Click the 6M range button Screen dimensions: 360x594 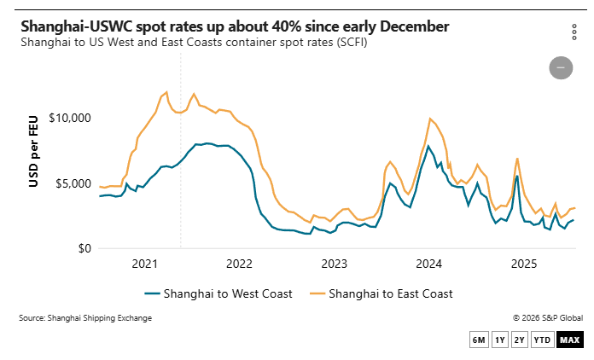[479, 340]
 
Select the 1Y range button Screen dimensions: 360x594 [500, 340]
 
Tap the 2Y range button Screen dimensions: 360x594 [520, 340]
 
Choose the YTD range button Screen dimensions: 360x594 [541, 340]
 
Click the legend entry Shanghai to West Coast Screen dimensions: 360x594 [218, 293]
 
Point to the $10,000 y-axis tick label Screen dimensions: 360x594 [69, 118]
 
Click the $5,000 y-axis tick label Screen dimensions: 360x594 [73, 183]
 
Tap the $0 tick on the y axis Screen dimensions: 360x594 [82, 249]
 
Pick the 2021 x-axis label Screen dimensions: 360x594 [144, 264]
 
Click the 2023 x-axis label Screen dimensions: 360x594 [335, 264]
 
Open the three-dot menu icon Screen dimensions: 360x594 [574, 32]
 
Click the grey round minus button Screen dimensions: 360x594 [561, 67]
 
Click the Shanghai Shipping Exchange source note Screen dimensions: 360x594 [85, 318]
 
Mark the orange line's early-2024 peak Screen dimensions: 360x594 [430, 119]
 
